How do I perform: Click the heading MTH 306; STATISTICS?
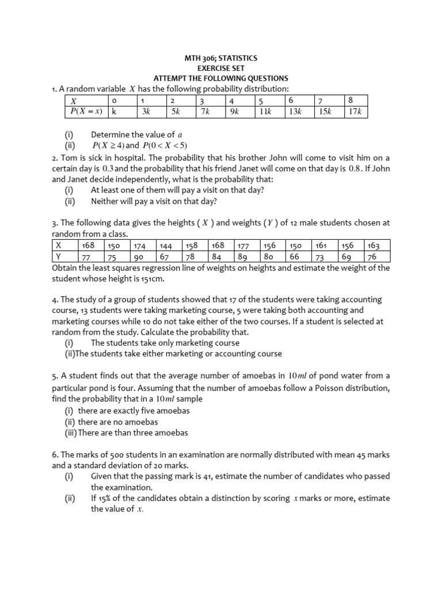point(220,58)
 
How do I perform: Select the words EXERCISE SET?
point(220,68)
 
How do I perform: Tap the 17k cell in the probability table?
point(355,112)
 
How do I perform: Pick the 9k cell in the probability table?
point(234,112)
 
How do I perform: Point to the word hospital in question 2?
point(127,158)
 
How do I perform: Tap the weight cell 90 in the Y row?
point(138,257)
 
